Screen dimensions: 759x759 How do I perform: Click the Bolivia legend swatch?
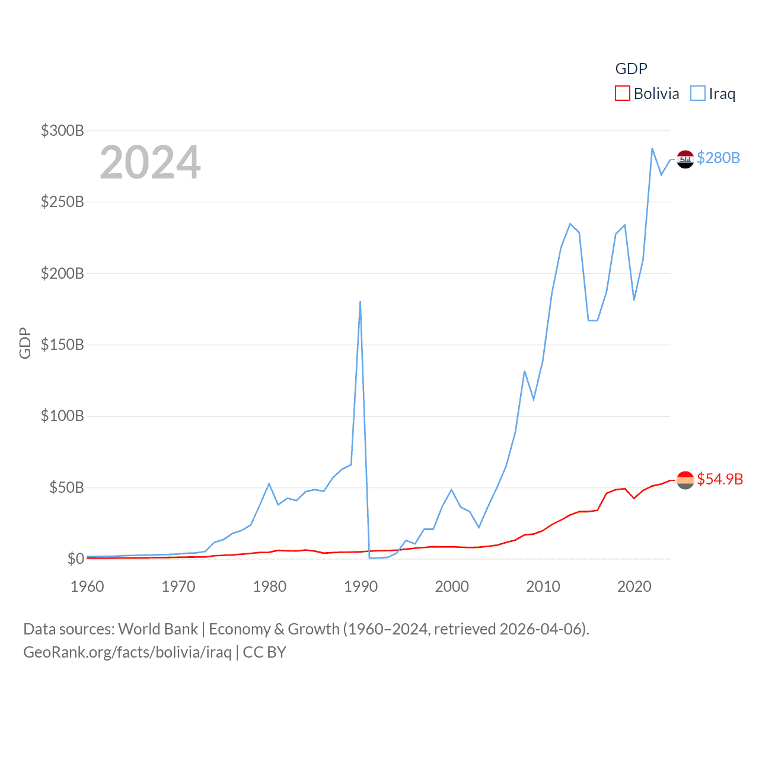point(622,94)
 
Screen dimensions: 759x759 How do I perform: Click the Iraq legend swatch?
point(698,94)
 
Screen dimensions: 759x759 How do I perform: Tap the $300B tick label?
point(62,130)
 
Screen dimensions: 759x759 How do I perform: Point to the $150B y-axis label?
point(62,345)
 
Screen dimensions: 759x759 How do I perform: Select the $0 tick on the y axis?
point(75,559)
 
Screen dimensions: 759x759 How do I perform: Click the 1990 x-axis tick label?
point(361,586)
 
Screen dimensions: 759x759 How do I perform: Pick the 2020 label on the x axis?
point(634,586)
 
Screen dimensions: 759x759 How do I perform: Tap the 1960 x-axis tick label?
point(87,586)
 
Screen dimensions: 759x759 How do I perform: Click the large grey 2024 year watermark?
point(150,162)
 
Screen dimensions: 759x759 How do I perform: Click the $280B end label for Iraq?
point(718,158)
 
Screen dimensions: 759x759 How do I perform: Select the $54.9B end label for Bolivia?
point(720,479)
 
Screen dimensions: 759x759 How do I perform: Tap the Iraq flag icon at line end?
point(685,159)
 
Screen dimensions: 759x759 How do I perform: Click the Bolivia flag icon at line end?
point(685,480)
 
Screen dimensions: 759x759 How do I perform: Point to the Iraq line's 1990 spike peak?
point(360,302)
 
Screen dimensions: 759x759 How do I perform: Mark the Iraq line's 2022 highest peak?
point(652,149)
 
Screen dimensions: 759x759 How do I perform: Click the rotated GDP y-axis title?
point(25,343)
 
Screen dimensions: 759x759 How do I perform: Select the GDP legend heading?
point(631,69)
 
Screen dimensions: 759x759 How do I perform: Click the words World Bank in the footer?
point(158,629)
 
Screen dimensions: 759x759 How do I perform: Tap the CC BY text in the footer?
point(264,652)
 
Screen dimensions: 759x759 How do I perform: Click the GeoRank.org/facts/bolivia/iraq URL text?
point(127,652)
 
